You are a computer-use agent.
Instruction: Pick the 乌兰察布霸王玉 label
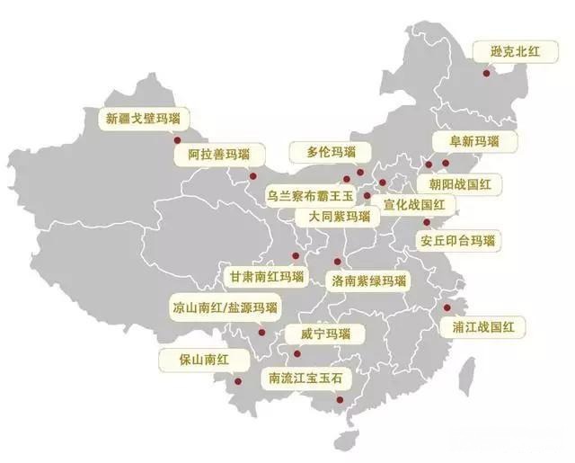312,195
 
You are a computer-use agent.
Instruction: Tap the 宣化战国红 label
413,205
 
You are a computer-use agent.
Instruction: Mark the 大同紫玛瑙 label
339,218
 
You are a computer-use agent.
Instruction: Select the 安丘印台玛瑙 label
458,241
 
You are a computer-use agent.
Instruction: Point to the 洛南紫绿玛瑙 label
368,281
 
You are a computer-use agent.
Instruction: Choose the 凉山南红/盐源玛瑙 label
225,307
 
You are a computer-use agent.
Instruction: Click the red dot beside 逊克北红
486,73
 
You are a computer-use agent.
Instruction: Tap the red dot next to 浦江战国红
447,307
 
